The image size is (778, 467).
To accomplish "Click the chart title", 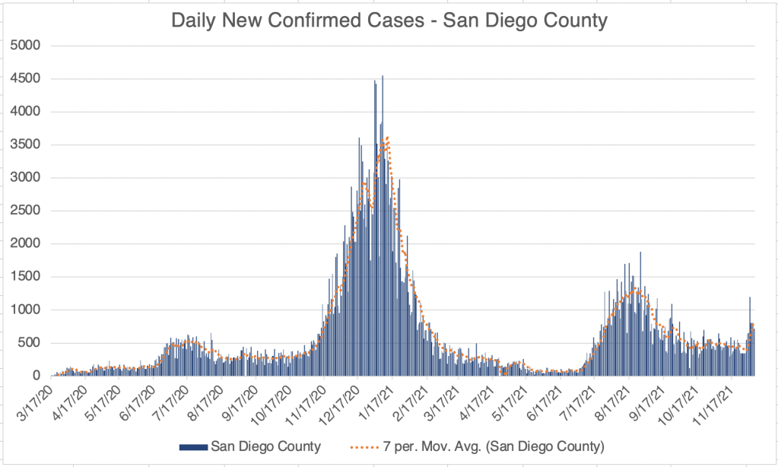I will click(389, 21).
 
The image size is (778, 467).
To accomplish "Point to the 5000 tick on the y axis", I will click(28, 46).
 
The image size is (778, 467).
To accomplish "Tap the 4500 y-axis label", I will click(28, 78).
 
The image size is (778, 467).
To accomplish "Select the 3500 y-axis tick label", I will click(28, 145).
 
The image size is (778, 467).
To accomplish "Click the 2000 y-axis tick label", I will click(28, 244).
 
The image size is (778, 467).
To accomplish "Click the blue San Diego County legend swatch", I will click(193, 446).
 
